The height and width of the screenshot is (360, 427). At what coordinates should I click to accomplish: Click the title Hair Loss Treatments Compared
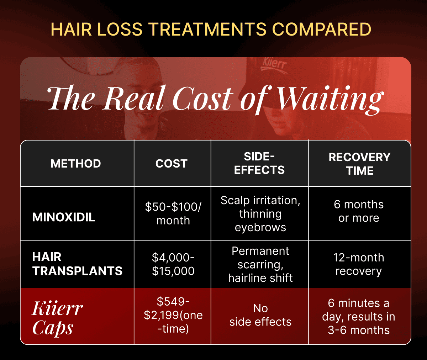pos(211,29)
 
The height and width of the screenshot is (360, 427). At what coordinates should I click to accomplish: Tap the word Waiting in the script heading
pos(330,99)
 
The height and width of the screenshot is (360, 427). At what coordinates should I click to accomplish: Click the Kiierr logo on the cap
pos(274,65)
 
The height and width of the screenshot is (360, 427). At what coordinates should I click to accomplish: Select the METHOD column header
pos(76,164)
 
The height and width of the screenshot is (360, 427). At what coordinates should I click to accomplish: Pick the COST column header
pos(171,164)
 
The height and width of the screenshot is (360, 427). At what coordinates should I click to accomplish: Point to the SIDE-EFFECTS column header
pos(259,163)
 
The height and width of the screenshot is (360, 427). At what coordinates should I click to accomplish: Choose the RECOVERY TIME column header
pos(359,164)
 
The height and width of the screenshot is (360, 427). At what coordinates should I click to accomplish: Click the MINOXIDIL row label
pos(64,217)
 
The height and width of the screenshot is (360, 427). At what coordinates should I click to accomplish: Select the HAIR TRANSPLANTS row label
pos(77,264)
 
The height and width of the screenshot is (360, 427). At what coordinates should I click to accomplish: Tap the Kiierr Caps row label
pos(57,318)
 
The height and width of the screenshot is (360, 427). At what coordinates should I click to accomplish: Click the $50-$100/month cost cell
pos(173,213)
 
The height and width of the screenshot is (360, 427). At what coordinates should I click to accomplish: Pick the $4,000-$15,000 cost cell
pos(173,264)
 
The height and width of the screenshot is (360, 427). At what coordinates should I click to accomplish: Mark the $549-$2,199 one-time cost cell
pos(173,315)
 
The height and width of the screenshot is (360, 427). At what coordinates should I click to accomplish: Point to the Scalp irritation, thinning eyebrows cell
pos(260,213)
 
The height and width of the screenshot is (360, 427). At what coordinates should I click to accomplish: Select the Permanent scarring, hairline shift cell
pos(260,264)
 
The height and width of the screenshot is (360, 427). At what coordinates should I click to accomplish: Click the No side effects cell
pos(260,315)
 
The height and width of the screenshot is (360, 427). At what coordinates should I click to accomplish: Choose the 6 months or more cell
pos(359,211)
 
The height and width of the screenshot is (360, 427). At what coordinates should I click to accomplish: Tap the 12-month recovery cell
pos(359,264)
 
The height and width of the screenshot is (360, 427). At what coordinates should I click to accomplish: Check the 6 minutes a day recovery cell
pos(359,316)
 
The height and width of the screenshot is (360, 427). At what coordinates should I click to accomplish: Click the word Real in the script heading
pos(135,99)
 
